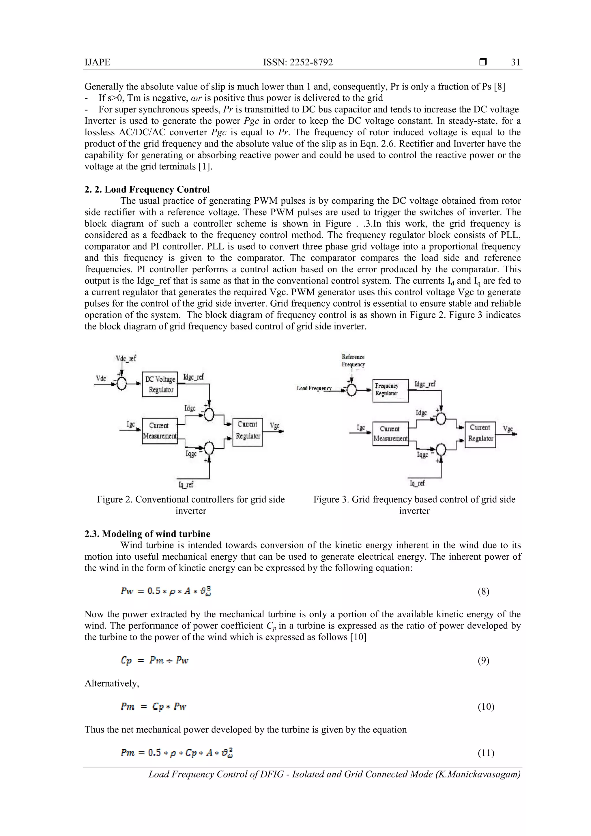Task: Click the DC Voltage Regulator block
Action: (160, 384)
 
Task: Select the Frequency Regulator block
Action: (390, 390)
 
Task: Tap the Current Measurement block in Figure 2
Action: (160, 431)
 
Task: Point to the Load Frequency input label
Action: (314, 388)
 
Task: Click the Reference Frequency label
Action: (353, 361)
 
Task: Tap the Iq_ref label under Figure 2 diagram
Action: (186, 484)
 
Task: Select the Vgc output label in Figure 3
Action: (508, 429)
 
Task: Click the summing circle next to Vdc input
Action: (121, 383)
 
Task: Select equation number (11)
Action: (486, 753)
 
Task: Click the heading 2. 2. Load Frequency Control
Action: (147, 189)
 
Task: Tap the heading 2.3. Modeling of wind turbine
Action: (147, 534)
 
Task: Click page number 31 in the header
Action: (515, 62)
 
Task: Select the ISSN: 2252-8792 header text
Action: (298, 62)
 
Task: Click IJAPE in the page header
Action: (97, 62)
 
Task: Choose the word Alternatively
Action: (112, 683)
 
